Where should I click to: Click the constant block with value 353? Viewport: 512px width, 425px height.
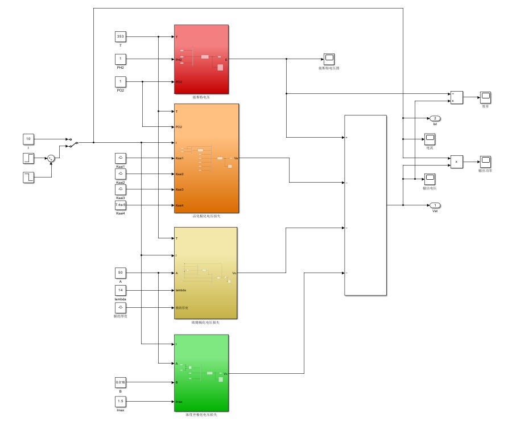(121, 36)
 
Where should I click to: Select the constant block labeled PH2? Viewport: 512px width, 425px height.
(121, 59)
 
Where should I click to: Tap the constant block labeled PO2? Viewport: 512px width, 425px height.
(121, 82)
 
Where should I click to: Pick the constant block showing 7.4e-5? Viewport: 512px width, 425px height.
(121, 205)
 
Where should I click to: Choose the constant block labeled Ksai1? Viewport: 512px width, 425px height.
(121, 158)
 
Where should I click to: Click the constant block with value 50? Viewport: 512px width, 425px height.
(121, 273)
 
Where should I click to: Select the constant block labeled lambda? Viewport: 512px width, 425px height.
(121, 290)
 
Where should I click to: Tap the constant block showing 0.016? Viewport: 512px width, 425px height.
(121, 382)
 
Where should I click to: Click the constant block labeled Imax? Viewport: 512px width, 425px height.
(121, 402)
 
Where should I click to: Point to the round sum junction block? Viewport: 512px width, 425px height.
(51, 158)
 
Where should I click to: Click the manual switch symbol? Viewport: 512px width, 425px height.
(71, 142)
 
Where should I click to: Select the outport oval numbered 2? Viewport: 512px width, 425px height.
(435, 118)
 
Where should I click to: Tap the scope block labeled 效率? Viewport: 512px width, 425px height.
(485, 97)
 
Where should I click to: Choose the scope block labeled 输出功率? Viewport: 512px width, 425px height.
(485, 161)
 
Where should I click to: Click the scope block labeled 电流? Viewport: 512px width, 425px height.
(429, 138)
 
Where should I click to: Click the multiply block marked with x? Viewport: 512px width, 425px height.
(456, 162)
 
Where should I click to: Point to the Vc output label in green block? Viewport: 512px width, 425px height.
(226, 374)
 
